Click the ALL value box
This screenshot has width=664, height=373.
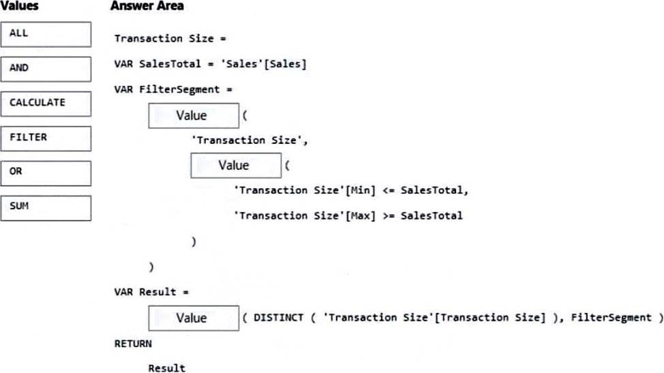(46, 34)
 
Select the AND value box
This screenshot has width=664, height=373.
(46, 69)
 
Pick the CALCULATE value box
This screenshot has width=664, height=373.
(46, 104)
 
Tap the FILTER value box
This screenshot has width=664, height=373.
(46, 138)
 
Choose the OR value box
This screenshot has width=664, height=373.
(46, 173)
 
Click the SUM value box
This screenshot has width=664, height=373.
(46, 208)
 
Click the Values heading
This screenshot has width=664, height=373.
(20, 6)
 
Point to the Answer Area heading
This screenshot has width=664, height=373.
(147, 6)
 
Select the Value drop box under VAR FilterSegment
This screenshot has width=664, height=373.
(194, 116)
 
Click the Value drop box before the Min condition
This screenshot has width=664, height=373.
(236, 166)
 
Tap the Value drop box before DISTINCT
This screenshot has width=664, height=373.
(194, 318)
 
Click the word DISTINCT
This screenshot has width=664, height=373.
(279, 318)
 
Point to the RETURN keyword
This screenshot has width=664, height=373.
(133, 344)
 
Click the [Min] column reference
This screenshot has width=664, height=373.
(361, 190)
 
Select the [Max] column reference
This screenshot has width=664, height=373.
(361, 215)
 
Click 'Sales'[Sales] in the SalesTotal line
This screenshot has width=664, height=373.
(264, 64)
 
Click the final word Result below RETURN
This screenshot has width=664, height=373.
(167, 368)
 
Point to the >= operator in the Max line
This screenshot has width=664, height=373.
(389, 216)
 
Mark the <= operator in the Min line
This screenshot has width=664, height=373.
(389, 190)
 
